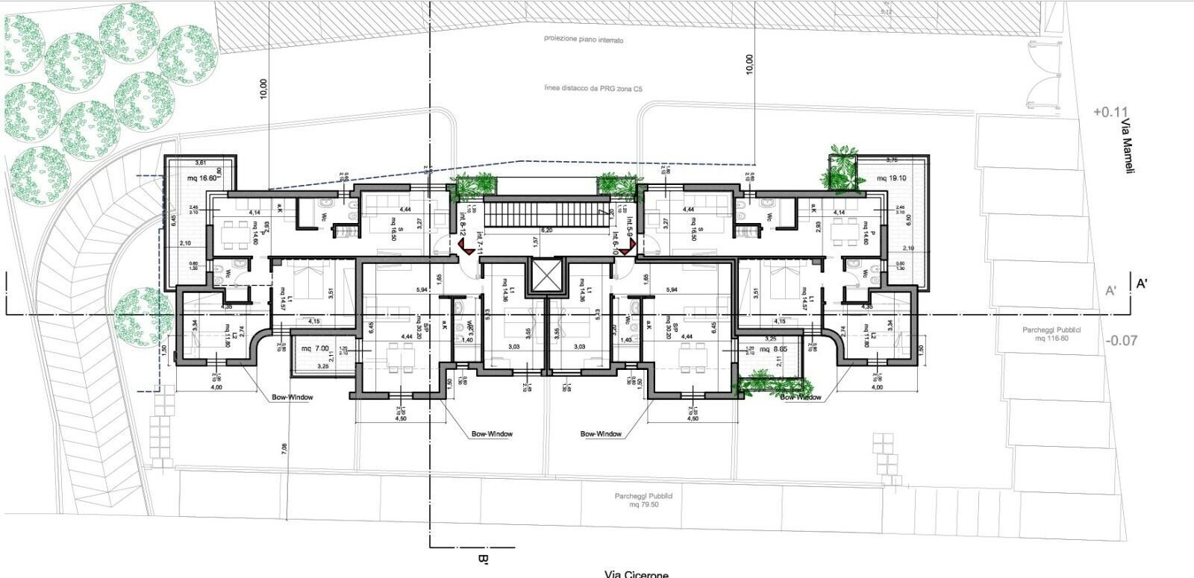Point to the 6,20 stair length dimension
tap(547, 230)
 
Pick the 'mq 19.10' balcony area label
tap(891, 178)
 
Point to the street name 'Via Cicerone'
tap(637, 574)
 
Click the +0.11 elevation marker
tap(1108, 113)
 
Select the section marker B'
tap(482, 559)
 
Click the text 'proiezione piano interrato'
tap(583, 40)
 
